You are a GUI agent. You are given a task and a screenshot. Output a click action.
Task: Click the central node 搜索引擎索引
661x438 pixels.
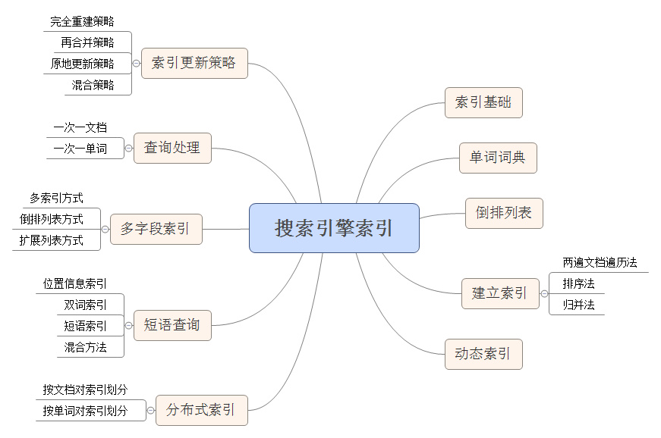point(334,228)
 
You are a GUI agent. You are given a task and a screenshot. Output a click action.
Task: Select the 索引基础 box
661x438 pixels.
point(483,102)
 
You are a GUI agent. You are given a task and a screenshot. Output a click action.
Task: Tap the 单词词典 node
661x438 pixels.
point(498,158)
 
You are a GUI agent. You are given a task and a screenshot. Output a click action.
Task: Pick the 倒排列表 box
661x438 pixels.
point(504,213)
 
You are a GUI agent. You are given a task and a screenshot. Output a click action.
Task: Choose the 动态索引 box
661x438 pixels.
point(483,354)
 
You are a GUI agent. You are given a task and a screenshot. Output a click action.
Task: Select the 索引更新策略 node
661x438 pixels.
point(194,63)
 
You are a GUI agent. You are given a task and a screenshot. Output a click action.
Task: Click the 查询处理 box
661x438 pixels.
point(172,148)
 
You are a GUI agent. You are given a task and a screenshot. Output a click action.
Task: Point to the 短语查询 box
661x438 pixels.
point(172,325)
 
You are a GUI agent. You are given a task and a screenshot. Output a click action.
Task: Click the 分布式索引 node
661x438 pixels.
point(201,411)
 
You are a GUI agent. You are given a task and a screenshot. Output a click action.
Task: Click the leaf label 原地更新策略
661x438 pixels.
point(83,64)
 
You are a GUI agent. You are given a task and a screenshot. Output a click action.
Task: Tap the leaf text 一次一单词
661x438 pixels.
point(80,149)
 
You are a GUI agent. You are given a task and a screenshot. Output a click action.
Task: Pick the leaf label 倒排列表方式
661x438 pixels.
point(52,220)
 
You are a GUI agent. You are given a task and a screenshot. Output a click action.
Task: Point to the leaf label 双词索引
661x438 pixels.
point(86,305)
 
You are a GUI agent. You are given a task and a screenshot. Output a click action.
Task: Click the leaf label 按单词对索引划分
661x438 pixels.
point(84,411)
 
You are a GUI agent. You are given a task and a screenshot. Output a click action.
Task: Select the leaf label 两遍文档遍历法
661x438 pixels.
point(600,263)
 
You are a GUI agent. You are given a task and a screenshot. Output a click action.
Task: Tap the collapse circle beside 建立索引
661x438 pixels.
point(544,293)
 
